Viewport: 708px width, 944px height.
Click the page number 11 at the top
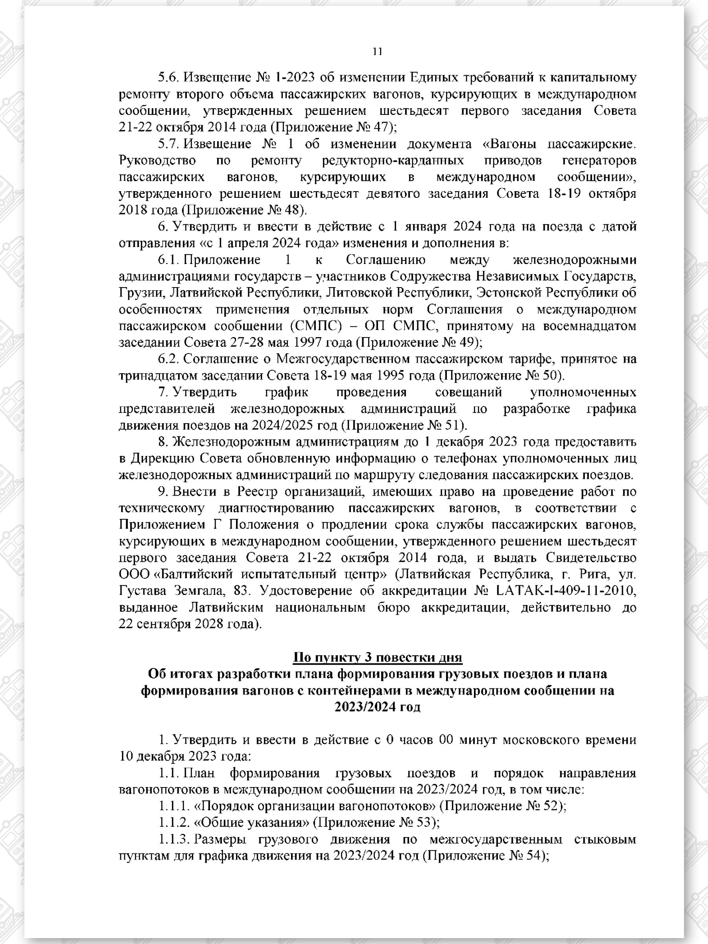(377, 52)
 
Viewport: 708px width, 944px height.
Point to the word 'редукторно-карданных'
(393, 160)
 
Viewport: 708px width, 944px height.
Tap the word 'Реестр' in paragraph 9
(257, 492)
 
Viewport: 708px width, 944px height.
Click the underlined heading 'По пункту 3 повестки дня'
(377, 657)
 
